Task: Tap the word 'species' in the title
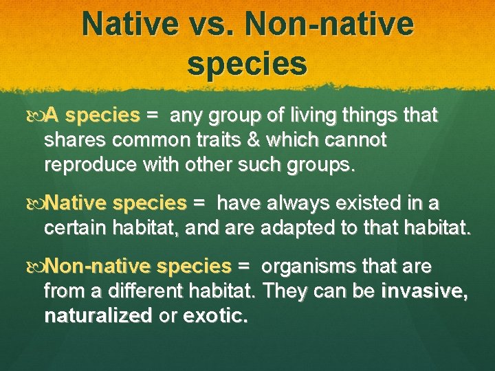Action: coord(247,63)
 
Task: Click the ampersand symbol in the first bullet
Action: coord(270,140)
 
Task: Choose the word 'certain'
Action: coord(74,228)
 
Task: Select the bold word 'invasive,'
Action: coord(425,291)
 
